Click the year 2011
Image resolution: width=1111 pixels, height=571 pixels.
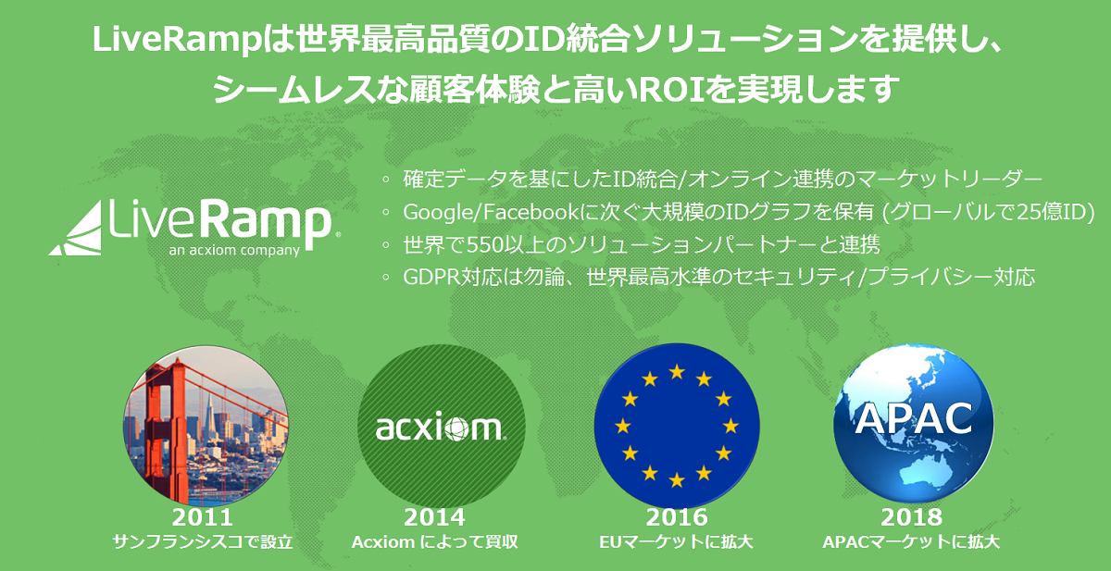click(203, 517)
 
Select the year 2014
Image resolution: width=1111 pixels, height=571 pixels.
click(434, 517)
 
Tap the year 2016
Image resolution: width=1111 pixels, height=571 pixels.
click(677, 517)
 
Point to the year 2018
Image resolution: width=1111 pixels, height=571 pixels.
click(912, 517)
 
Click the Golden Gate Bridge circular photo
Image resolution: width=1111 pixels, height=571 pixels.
click(206, 426)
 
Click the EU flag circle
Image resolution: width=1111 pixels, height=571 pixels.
click(677, 426)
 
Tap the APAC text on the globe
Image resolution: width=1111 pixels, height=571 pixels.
click(914, 419)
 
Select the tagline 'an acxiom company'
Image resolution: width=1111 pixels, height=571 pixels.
click(234, 250)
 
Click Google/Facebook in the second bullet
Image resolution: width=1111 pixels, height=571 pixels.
click(490, 212)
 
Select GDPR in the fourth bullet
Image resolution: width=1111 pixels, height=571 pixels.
click(431, 277)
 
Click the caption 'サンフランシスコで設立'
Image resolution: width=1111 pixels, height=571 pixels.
click(203, 541)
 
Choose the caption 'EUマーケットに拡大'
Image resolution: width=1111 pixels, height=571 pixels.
click(676, 541)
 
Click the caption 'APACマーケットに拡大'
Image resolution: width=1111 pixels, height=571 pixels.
click(911, 541)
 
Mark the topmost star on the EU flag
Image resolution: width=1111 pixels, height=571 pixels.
click(677, 372)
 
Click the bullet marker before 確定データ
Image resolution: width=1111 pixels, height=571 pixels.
click(386, 180)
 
